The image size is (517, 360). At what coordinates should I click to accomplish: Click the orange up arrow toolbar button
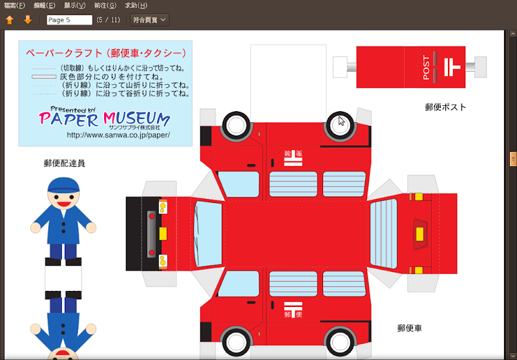point(10,20)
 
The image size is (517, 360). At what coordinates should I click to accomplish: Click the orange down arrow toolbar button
point(28,20)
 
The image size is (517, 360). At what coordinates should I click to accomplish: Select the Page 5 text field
point(70,20)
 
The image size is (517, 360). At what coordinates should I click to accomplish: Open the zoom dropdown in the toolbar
point(149,20)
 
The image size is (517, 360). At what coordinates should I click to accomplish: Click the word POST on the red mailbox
point(426,68)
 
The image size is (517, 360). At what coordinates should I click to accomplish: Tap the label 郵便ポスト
point(446,107)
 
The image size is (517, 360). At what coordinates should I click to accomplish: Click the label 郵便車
point(410,328)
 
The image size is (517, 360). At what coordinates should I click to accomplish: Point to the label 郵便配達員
point(64,163)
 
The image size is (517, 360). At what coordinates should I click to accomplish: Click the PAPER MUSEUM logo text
point(104,118)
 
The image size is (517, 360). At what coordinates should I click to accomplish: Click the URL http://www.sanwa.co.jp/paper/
point(118,135)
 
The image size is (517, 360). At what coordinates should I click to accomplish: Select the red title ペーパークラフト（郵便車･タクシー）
point(106,53)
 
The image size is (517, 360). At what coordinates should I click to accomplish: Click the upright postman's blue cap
point(63,185)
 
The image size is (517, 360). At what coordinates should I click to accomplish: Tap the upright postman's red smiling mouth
point(63,204)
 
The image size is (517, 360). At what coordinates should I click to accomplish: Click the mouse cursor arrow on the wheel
point(341,121)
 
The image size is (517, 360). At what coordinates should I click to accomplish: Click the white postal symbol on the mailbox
point(452,67)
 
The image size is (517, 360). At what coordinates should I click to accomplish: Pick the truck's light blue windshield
point(208,234)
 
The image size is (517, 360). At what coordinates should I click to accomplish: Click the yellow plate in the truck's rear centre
point(419,234)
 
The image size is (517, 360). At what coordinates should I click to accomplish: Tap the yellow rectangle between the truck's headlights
point(163,233)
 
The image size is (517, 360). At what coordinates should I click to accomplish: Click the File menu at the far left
point(14,5)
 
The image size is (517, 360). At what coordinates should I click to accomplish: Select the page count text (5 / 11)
point(108,20)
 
